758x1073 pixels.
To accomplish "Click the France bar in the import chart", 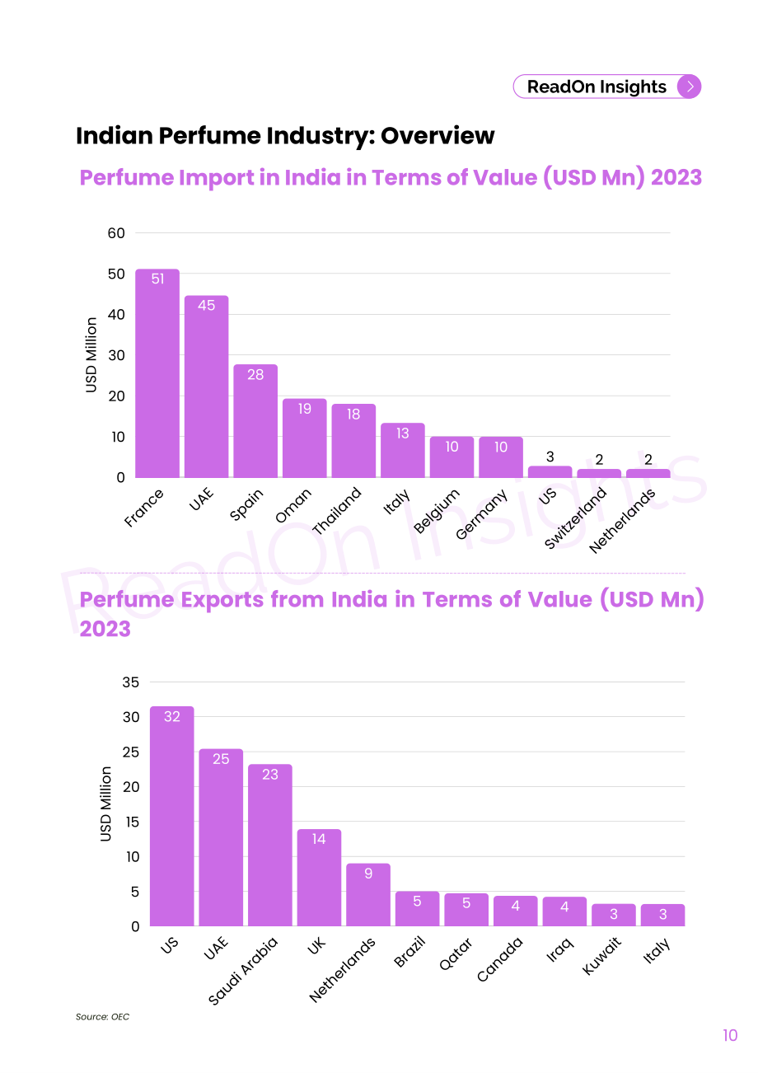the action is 157,373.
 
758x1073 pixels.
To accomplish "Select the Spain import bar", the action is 255,421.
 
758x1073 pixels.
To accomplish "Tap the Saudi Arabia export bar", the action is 269,845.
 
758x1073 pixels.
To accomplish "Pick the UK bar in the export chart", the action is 319,878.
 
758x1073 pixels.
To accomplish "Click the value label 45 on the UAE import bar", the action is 206,305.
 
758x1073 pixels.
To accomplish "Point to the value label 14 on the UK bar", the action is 319,839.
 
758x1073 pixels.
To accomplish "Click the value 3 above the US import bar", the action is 550,457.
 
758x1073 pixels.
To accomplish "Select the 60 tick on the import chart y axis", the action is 116,233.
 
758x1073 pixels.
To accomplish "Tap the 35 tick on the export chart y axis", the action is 131,682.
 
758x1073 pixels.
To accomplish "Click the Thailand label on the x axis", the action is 337,510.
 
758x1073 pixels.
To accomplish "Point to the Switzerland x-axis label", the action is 576,518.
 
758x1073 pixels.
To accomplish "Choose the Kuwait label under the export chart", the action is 601,956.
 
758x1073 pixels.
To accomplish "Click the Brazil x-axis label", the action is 409,952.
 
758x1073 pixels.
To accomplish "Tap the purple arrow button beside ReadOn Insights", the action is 689,87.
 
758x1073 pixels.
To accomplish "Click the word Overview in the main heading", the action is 437,135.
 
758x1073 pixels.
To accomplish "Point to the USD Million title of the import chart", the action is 91,355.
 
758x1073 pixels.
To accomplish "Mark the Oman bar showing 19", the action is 305,438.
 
